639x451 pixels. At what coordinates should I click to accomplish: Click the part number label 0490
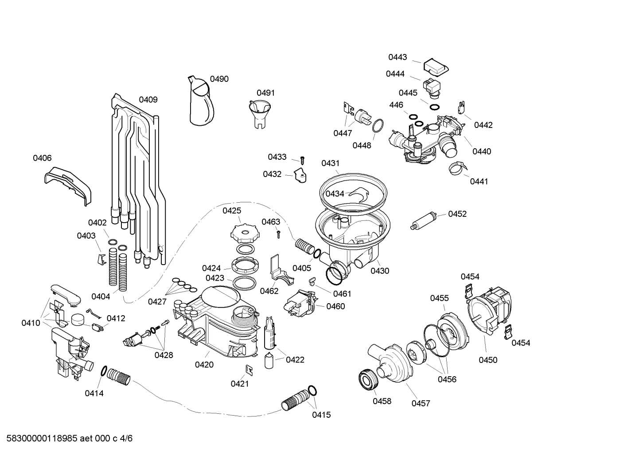(x=219, y=79)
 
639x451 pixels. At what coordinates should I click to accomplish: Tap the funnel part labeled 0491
(x=260, y=113)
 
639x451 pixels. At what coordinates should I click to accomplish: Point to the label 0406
(x=42, y=158)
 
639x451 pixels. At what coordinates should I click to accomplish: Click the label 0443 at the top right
(x=397, y=57)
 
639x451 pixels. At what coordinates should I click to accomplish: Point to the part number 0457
(x=421, y=403)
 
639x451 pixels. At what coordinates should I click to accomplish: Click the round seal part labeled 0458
(x=367, y=380)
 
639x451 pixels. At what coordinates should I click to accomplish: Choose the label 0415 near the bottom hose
(x=321, y=415)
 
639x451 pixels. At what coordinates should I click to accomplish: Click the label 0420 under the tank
(x=204, y=365)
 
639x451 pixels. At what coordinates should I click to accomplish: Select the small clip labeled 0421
(x=249, y=369)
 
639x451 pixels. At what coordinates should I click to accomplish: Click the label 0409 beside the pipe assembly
(x=148, y=100)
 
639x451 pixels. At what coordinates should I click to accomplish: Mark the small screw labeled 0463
(x=279, y=233)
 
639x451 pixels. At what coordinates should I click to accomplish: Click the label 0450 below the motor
(x=488, y=360)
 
